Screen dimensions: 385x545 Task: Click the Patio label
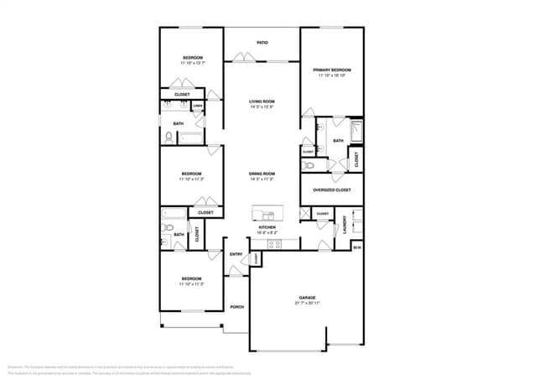[x=262, y=42]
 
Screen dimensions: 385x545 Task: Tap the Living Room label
[x=262, y=101]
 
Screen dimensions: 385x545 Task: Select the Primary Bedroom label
[x=332, y=70]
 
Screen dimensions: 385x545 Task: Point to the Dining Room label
[x=262, y=174]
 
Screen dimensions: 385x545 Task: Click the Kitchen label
[x=267, y=227]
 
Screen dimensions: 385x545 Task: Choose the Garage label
[x=307, y=298]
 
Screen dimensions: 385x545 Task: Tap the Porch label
[x=236, y=307]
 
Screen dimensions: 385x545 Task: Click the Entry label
[x=236, y=254]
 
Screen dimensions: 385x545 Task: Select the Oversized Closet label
[x=332, y=190]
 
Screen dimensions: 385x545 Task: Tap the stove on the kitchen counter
[x=273, y=244]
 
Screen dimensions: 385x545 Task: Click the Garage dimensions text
[x=307, y=304]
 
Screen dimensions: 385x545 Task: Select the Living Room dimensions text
[x=262, y=107]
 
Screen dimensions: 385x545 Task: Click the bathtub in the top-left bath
[x=190, y=138]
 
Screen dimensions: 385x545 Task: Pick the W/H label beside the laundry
[x=356, y=247]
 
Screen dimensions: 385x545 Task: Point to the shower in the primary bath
[x=356, y=129]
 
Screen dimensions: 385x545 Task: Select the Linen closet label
[x=198, y=107]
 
